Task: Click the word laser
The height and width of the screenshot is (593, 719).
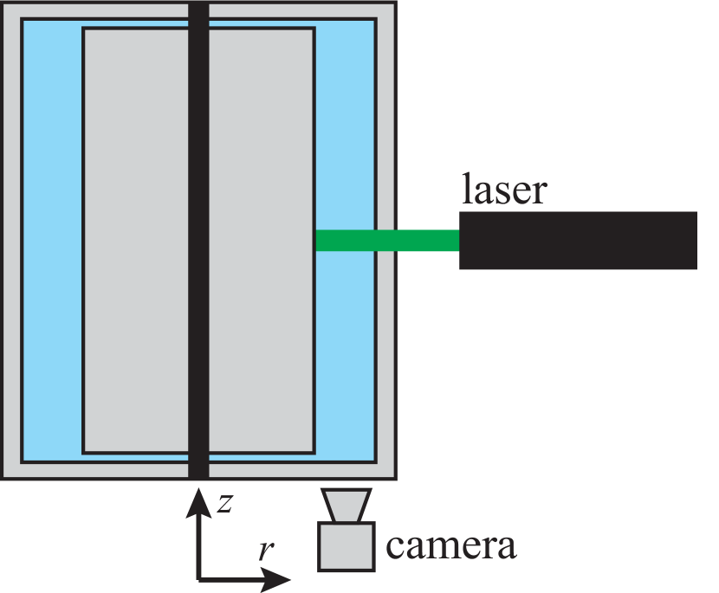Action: point(503,190)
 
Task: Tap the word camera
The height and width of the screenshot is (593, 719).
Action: point(450,545)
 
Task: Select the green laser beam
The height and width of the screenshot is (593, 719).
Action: point(386,240)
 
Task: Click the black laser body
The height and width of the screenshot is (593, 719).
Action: point(578,240)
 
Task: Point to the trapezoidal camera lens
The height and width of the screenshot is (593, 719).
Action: point(346,506)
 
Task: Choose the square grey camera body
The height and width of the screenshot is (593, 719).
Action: point(346,547)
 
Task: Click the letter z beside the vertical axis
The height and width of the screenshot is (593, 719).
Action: point(224,504)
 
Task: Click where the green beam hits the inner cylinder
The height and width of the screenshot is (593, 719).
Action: point(316,240)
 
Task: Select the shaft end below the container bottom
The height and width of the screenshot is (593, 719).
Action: point(198,473)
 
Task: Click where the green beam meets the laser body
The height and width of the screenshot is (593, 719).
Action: point(458,240)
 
